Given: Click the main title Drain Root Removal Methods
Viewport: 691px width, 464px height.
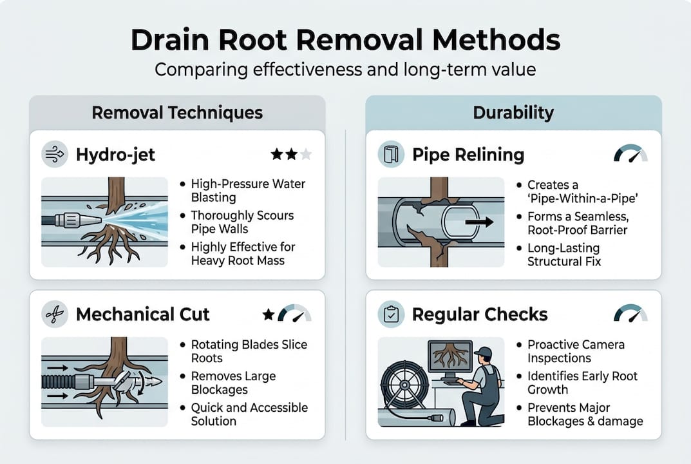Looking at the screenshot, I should pos(345,40).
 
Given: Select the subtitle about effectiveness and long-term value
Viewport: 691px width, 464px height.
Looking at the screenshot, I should pos(345,69).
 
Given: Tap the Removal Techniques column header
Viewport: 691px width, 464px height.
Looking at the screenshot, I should pos(177,113).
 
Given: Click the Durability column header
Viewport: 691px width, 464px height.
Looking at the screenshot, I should pos(513,113).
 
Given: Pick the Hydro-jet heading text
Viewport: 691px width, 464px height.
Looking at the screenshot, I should pos(115,155).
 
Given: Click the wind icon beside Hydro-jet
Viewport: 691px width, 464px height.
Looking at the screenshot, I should pos(54,155).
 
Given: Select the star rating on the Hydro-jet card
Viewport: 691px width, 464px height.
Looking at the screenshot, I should pos(291,155).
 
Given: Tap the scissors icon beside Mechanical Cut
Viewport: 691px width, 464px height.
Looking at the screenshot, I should pos(54,314).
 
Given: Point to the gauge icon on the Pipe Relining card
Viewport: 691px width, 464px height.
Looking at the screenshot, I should pos(630,155).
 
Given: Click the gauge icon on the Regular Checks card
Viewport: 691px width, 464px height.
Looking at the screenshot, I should pos(630,314).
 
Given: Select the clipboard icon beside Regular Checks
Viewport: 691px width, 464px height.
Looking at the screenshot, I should pos(390,314).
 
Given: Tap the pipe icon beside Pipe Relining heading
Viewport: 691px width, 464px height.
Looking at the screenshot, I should pos(390,155).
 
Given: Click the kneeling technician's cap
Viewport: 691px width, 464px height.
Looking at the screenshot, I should pos(483,352).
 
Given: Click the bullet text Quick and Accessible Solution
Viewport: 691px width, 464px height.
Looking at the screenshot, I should pos(249,414).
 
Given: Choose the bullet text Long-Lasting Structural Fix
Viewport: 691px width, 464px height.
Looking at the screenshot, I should pos(563,255).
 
